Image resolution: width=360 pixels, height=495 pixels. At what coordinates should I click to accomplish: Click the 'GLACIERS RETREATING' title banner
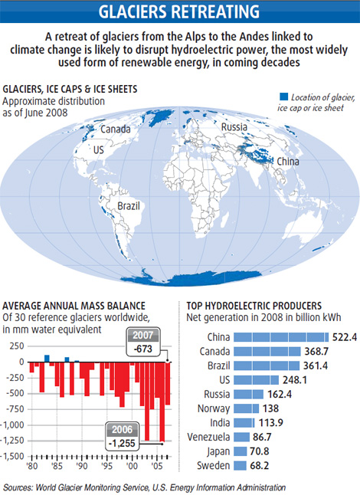(x=180, y=11)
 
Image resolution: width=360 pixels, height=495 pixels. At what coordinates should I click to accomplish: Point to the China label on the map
(x=287, y=162)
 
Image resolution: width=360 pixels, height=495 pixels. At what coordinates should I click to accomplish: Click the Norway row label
(x=212, y=408)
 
